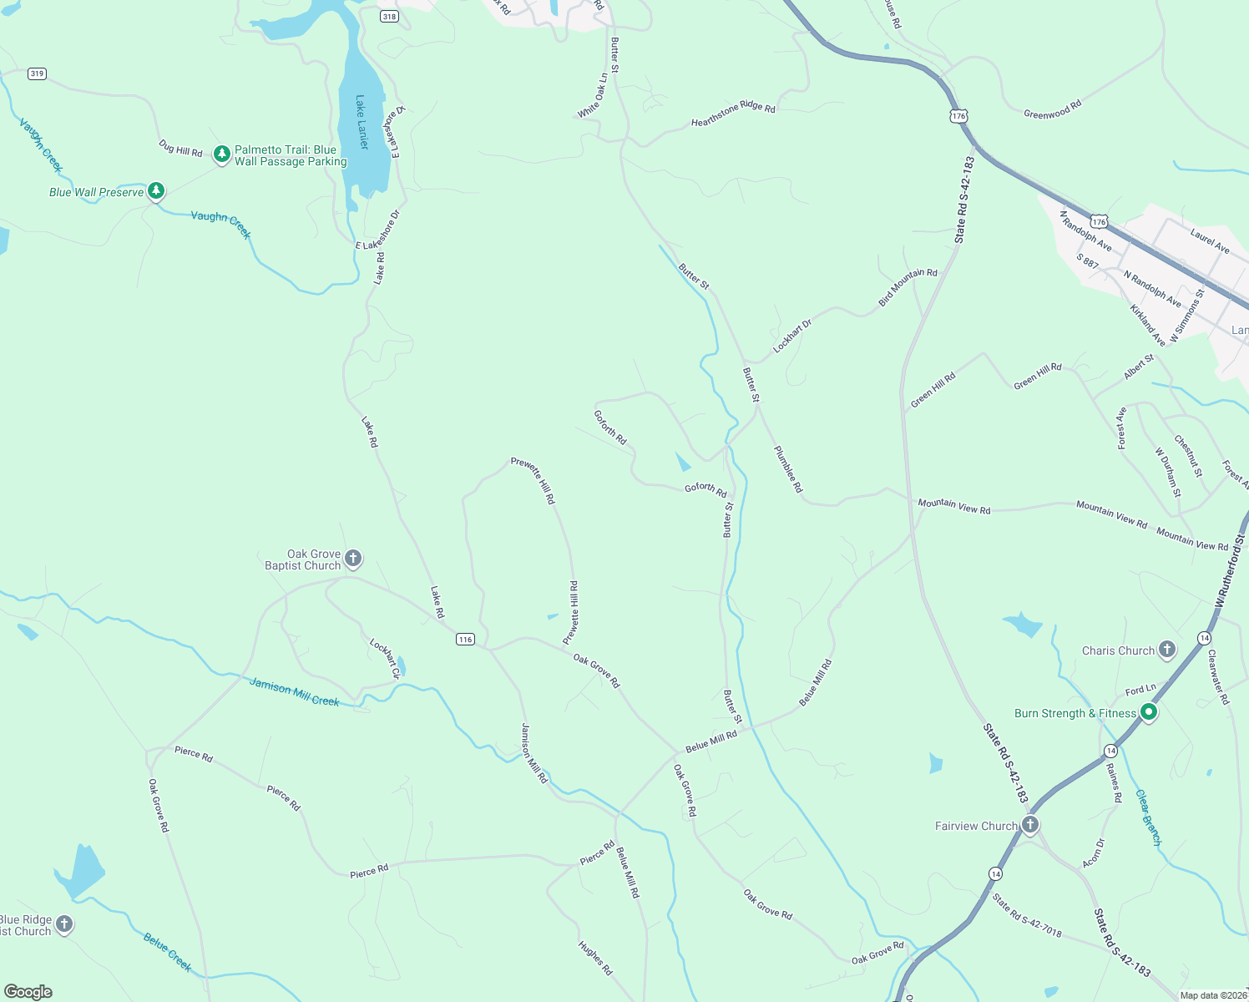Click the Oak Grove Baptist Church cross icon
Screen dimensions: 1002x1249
353,559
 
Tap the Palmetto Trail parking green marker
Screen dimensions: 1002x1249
221,154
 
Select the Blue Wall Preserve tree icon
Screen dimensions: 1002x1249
156,191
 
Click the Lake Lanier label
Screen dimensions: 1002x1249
362,122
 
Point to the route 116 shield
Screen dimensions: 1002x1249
465,639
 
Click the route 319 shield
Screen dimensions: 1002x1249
37,73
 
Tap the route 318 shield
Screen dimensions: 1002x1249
389,16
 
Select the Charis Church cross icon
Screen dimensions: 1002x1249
1167,649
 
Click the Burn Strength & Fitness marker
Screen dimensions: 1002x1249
1149,712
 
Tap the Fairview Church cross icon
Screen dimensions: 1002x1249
1030,825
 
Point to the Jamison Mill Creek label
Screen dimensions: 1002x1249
294,692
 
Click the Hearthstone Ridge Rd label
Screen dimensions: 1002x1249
733,115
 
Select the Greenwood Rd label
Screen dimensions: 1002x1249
1052,109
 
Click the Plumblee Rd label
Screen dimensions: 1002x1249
787,469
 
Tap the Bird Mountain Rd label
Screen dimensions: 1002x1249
908,287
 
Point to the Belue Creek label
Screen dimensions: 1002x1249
167,952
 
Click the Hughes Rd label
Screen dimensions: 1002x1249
595,958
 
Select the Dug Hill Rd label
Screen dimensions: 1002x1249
180,148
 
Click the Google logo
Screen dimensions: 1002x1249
28,991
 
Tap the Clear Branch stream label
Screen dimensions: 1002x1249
1148,818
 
